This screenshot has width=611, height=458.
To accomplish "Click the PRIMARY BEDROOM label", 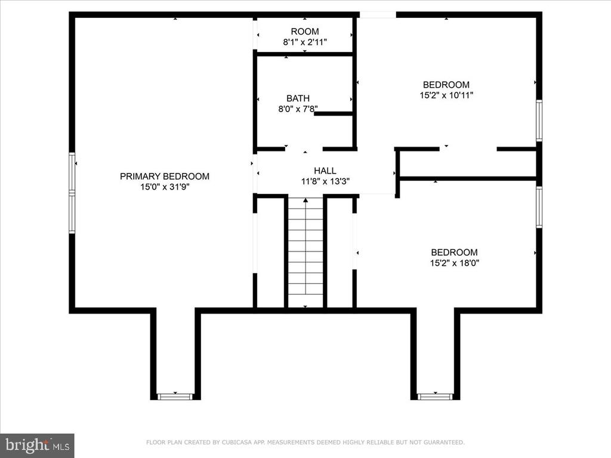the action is [x=165, y=177].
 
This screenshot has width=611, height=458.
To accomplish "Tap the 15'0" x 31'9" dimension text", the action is [x=165, y=187].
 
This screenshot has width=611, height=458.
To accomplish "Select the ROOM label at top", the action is [x=305, y=32].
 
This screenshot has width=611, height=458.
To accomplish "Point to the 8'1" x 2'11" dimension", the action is [x=305, y=42].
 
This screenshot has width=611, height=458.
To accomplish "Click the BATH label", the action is [x=298, y=98].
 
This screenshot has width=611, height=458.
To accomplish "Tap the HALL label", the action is [x=325, y=171].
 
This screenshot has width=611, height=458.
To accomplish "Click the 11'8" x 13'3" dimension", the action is [x=325, y=181].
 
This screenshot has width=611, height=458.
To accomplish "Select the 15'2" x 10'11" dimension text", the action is [x=446, y=95].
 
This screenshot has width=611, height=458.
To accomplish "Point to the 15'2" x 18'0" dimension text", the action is [x=454, y=263].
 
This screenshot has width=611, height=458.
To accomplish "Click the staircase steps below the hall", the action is [x=305, y=252].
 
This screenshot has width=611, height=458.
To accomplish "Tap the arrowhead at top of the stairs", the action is [x=305, y=200].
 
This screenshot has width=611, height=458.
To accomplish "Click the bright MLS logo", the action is [x=37, y=445].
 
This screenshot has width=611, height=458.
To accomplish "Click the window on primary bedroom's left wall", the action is [x=72, y=193].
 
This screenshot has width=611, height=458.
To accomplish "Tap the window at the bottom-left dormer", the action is [x=175, y=397].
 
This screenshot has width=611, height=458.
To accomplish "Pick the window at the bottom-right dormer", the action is [x=435, y=397].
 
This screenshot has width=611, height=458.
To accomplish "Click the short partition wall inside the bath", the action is [x=334, y=114].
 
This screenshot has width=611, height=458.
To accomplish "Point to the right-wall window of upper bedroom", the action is [x=539, y=120].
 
